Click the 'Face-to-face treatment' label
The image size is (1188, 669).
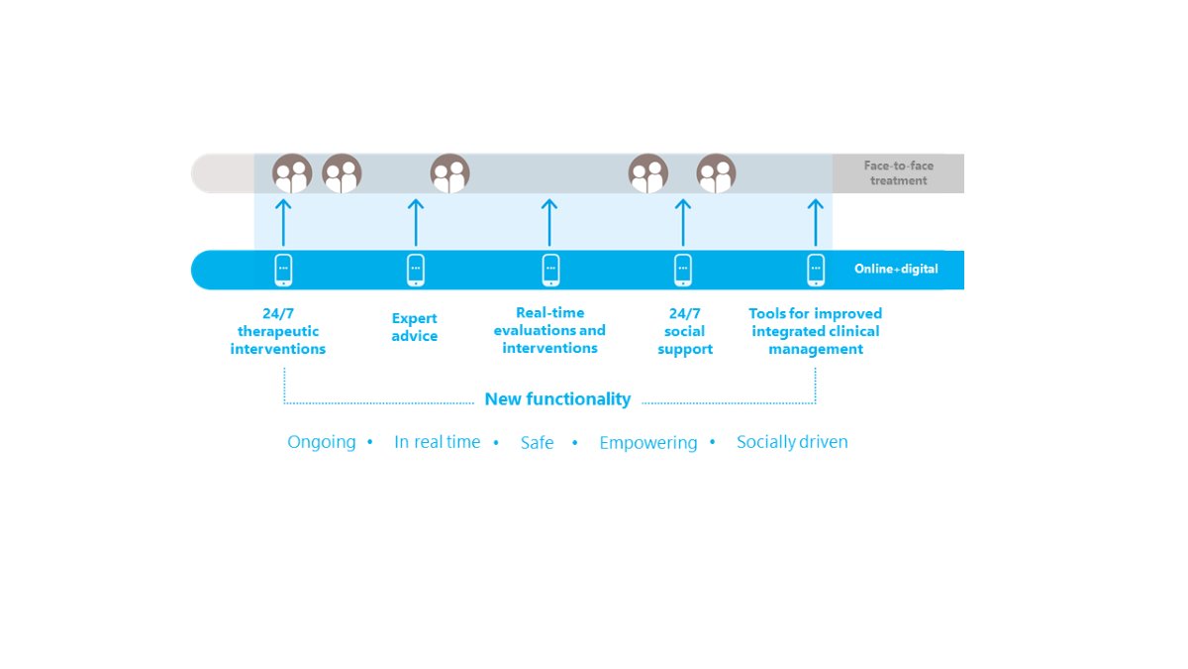[899, 173]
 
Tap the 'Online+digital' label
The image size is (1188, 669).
[896, 270]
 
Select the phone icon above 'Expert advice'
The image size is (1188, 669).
[416, 270]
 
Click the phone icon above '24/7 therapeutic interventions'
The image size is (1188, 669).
[283, 270]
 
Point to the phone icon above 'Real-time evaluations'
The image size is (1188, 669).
[550, 270]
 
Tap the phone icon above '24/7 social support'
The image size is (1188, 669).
[683, 270]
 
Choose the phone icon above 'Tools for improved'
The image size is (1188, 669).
[816, 270]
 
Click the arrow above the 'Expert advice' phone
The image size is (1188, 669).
[416, 222]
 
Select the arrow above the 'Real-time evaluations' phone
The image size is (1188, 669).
[549, 222]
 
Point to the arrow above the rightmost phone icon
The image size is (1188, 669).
[816, 222]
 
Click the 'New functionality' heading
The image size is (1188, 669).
[557, 398]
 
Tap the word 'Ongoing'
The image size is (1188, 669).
[322, 442]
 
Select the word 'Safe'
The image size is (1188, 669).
[537, 442]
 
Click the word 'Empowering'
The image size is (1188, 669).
[648, 443]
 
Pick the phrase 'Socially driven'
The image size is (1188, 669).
[792, 442]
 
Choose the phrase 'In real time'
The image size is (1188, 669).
[437, 442]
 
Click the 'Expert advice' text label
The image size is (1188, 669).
[415, 327]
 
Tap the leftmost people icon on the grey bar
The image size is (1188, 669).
[292, 173]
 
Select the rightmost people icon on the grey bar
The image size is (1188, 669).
[716, 173]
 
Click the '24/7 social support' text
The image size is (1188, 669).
[685, 331]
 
